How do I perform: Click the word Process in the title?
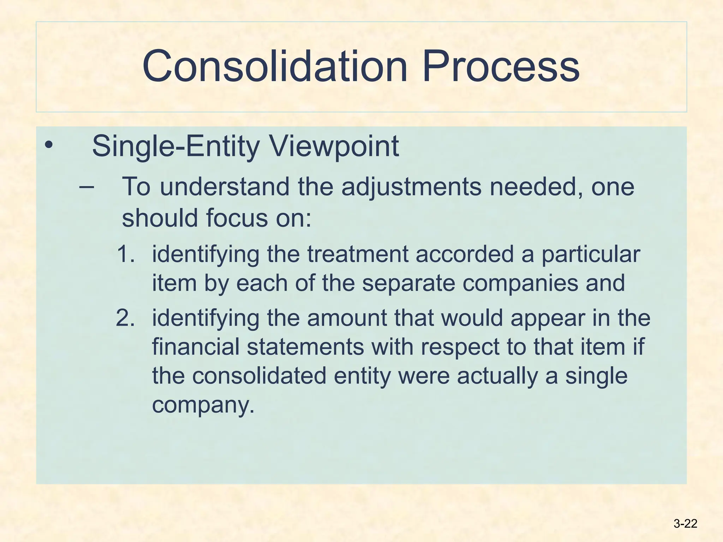(x=500, y=66)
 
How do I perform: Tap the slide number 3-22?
(x=685, y=524)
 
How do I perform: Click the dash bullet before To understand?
(x=86, y=186)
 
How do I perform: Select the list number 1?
(x=125, y=254)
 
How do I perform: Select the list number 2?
(x=125, y=318)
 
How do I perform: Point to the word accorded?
(x=465, y=254)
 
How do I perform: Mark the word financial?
(x=196, y=347)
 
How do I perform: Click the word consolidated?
(x=259, y=376)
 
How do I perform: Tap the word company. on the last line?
(x=203, y=405)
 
